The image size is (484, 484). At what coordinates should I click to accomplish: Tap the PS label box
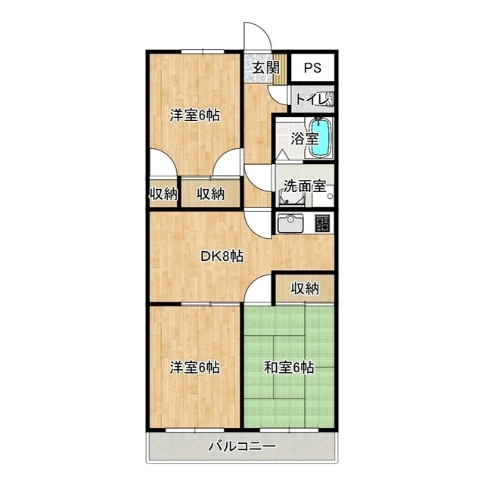point(312,67)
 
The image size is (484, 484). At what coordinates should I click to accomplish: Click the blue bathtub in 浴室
point(322,138)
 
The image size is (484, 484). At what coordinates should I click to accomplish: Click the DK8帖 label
point(222,256)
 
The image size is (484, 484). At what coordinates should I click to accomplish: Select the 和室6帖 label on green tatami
point(289,368)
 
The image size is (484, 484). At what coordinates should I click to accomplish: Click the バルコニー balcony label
point(242,446)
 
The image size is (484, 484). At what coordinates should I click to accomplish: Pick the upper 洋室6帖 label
point(194,116)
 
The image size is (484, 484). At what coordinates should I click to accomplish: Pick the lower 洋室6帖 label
point(194,368)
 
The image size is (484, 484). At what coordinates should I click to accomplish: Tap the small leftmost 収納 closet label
point(162,194)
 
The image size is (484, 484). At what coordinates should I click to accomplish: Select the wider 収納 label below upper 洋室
point(211,194)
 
